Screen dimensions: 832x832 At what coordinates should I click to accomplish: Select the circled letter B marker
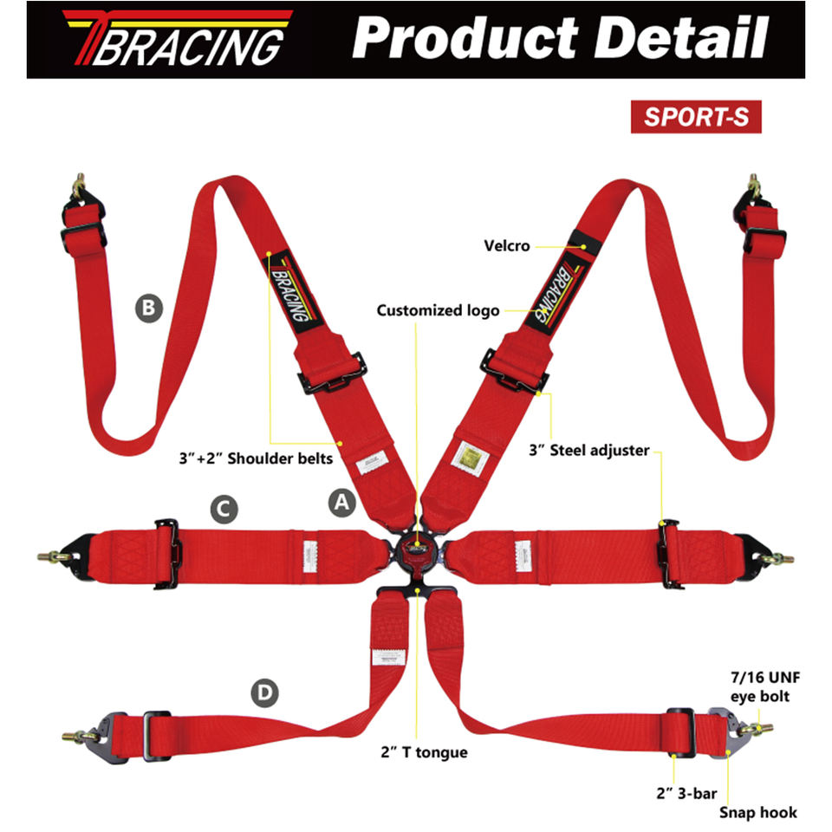tap(148, 307)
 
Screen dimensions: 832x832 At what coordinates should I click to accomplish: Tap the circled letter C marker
tap(223, 509)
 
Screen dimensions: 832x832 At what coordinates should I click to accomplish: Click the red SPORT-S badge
tap(696, 117)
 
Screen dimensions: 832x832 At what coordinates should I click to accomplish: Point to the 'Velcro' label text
tap(508, 245)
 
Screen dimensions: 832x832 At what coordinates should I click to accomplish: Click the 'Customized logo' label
tap(438, 310)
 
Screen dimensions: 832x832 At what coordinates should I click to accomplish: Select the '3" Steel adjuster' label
tap(588, 451)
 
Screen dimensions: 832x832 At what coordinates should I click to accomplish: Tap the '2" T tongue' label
tap(424, 751)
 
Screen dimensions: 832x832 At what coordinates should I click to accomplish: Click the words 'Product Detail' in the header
tap(561, 38)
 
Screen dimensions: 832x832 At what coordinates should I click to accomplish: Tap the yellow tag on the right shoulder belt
tap(469, 454)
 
